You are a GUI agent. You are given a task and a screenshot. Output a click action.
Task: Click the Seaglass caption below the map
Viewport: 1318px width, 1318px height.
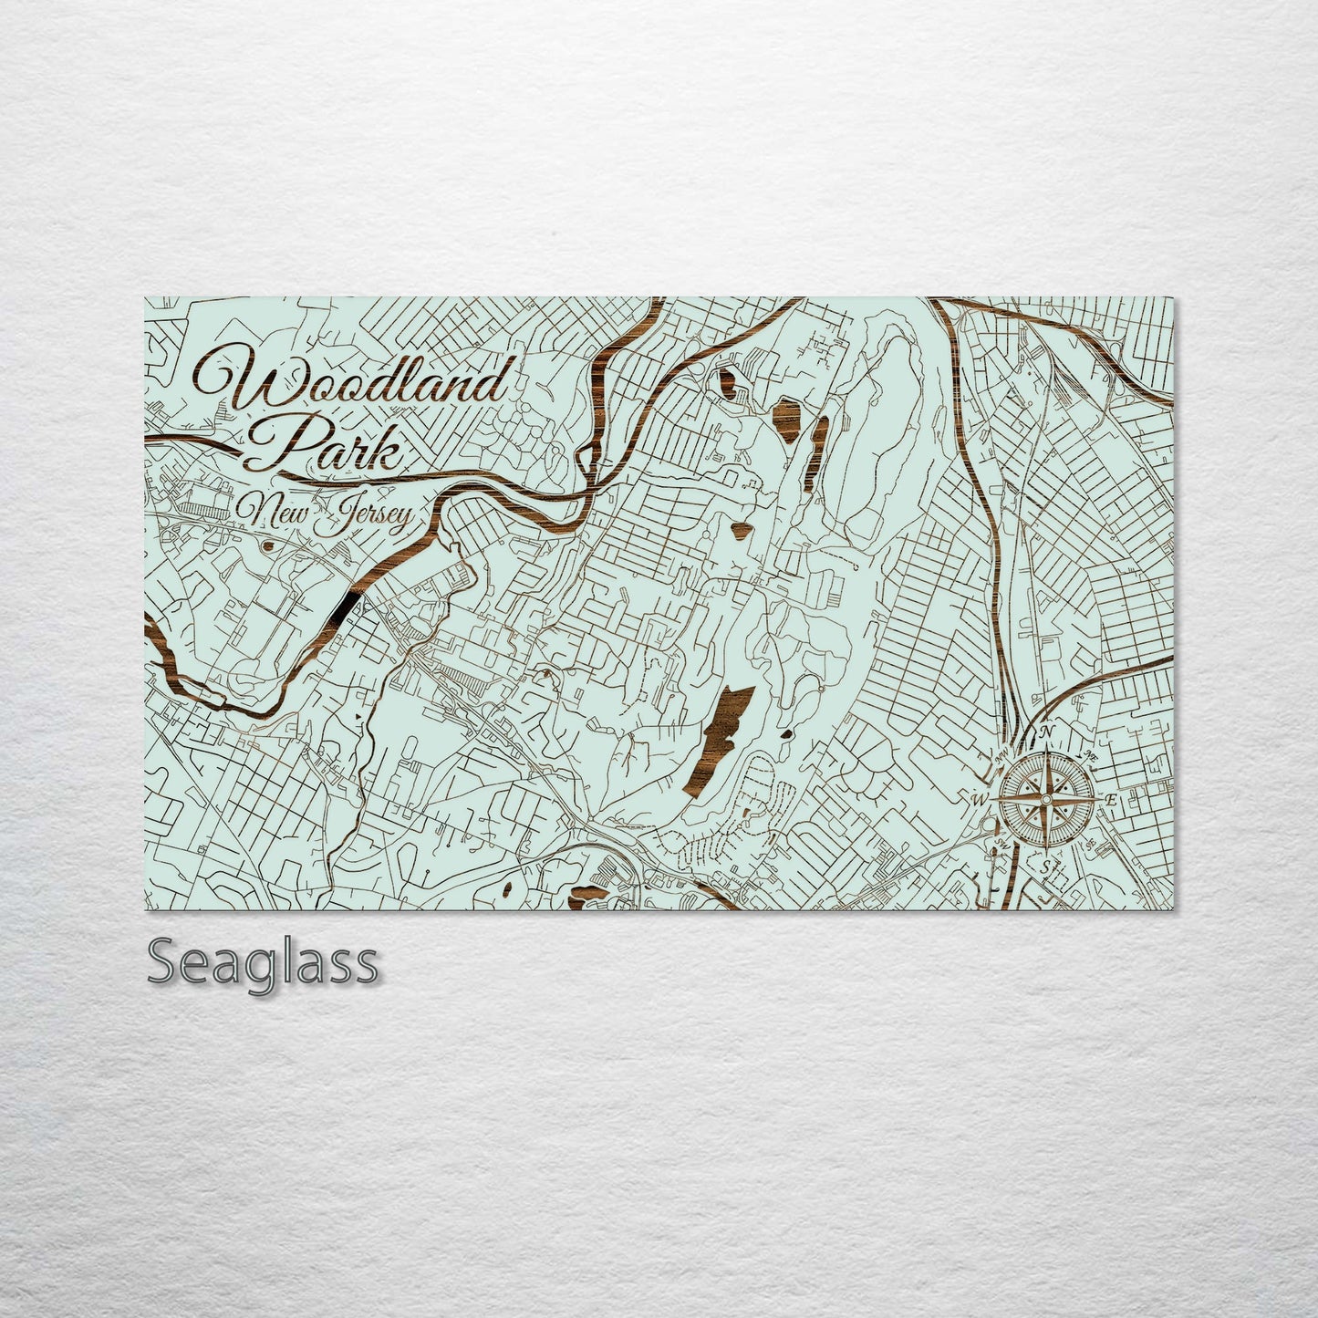[x=262, y=962]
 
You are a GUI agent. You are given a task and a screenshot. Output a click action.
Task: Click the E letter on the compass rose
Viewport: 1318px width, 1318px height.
[x=1111, y=800]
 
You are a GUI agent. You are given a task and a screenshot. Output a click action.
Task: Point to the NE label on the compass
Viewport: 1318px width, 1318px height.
[x=1090, y=755]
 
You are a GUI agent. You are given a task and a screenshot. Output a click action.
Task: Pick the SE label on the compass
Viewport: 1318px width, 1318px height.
[x=1091, y=844]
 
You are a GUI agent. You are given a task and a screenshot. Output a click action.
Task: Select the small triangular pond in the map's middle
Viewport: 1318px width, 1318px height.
[x=740, y=527]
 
